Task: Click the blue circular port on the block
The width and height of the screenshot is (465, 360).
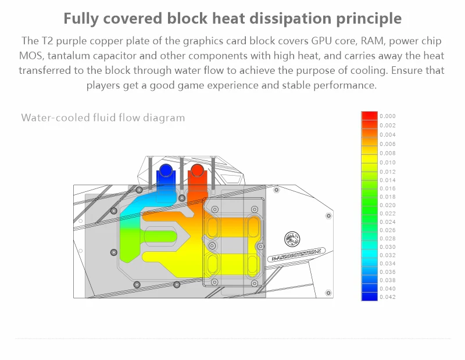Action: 166,171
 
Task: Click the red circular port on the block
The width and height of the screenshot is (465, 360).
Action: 197,171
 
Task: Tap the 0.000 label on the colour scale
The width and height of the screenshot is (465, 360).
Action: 387,116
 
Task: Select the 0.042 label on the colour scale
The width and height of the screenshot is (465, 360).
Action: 387,297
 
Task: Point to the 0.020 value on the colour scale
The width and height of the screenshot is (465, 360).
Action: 387,205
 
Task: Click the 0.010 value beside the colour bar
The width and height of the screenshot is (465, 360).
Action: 387,162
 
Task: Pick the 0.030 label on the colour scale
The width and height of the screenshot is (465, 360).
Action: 387,247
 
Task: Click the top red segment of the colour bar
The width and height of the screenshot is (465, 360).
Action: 369,116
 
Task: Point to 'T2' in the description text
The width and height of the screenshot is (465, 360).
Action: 46,41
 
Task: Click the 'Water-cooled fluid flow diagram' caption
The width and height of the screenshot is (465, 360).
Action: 103,118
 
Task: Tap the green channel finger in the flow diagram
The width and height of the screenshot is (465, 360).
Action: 157,235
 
